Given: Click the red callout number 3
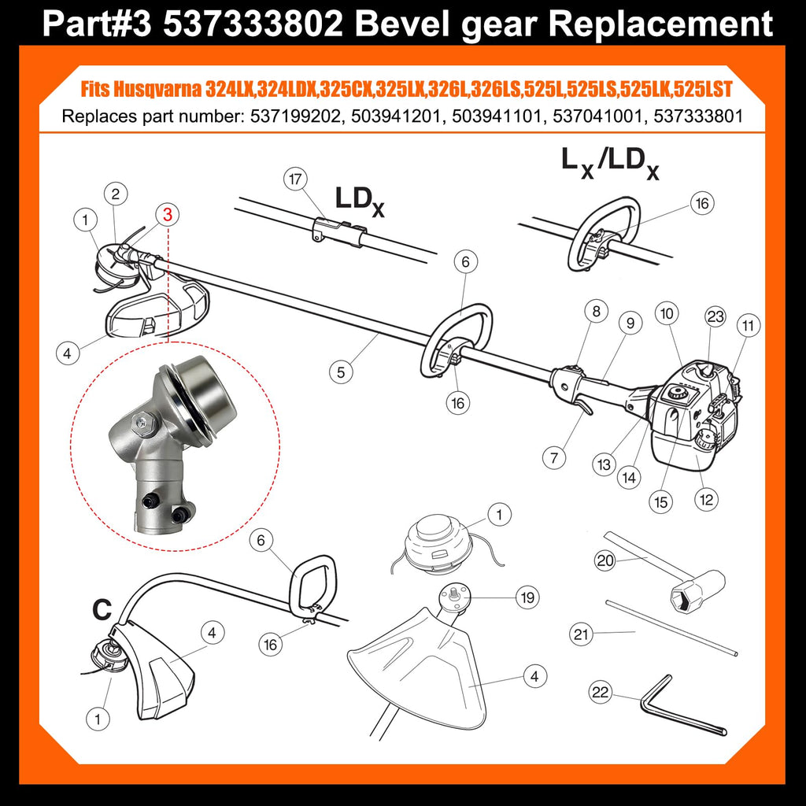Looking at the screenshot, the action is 168,214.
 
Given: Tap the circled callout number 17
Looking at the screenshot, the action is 295,179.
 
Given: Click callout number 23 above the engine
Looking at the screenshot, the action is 715,316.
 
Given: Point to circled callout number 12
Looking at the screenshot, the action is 706,499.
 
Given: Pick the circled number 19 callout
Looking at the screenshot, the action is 528,597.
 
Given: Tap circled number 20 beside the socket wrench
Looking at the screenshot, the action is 605,560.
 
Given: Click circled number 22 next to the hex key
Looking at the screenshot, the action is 601,693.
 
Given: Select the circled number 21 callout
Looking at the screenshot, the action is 581,634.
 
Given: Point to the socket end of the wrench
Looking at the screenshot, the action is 697,591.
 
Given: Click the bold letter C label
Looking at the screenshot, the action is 102,609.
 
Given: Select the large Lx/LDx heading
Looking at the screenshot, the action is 610,163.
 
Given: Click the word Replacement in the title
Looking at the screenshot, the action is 661,24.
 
